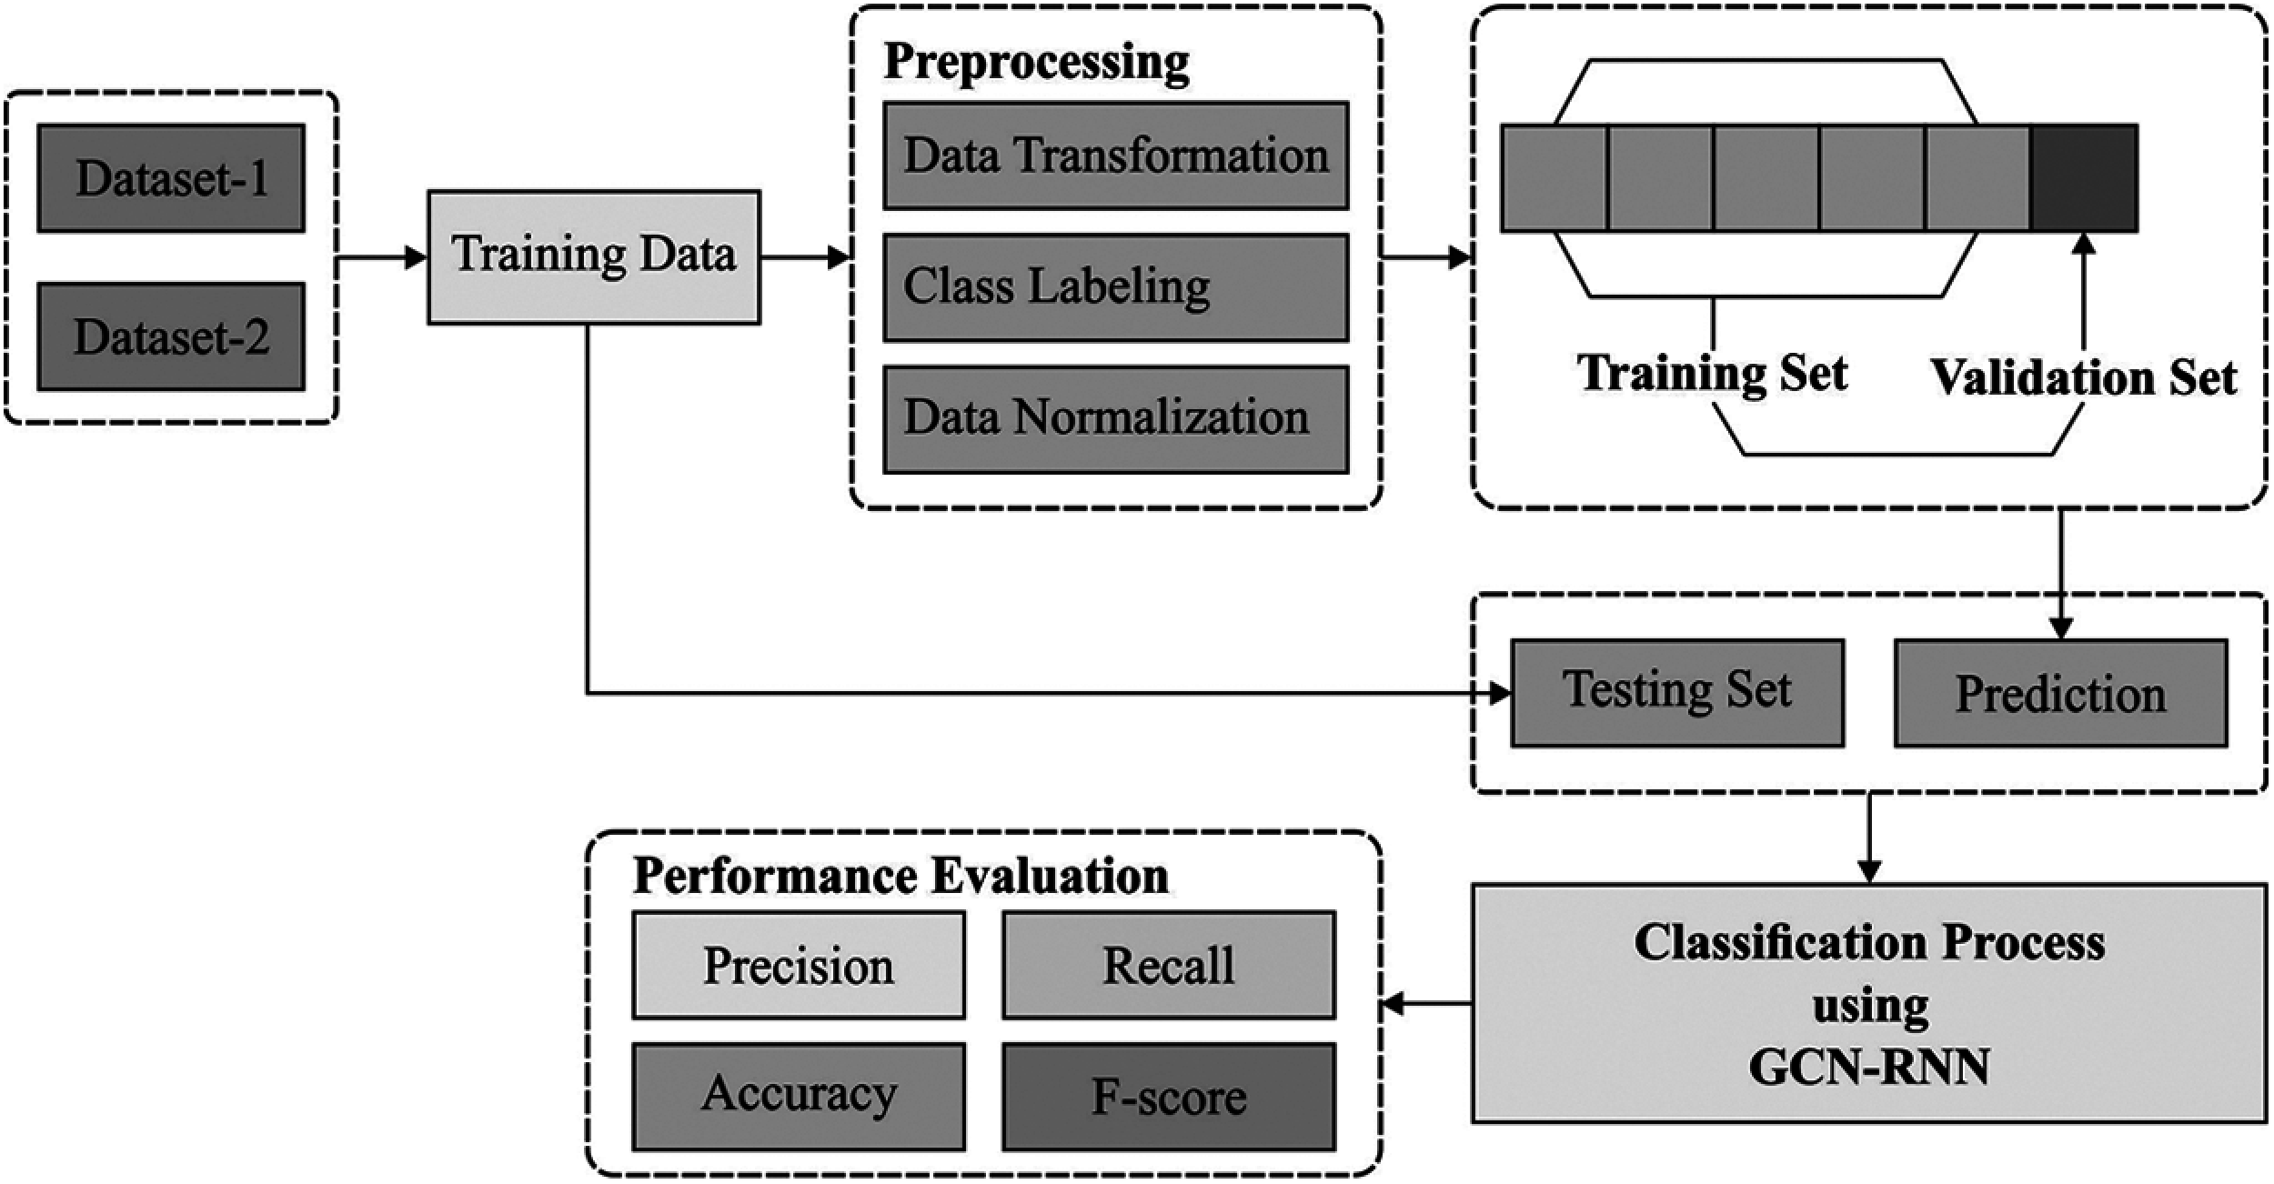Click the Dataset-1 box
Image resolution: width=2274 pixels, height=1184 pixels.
pos(171,178)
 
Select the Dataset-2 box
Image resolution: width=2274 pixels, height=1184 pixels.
pos(171,336)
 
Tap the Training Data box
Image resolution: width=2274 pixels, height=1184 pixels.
pos(594,256)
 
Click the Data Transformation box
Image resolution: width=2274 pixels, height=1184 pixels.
pos(1115,156)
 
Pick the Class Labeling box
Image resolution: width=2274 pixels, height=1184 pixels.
pos(1115,287)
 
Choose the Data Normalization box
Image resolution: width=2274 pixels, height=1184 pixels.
pos(1115,419)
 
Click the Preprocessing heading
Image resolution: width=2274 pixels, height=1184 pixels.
pos(1036,62)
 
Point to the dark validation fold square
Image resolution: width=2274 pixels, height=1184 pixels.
pos(2084,178)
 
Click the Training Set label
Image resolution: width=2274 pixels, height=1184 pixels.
pos(1712,374)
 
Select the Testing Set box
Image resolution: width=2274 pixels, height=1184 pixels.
pos(1677,693)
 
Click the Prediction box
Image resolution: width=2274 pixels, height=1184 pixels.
pos(2060,694)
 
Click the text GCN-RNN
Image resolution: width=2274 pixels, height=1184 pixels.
pos(1868,1068)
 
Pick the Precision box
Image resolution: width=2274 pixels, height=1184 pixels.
pos(799,965)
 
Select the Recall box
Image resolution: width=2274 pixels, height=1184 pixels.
pos(1169,965)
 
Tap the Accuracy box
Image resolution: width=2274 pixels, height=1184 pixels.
pos(799,1096)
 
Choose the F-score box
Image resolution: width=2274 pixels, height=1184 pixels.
pos(1169,1097)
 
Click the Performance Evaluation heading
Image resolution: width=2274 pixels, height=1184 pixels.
pos(901,877)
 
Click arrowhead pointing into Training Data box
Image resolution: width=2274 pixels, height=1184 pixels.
pos(417,258)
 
